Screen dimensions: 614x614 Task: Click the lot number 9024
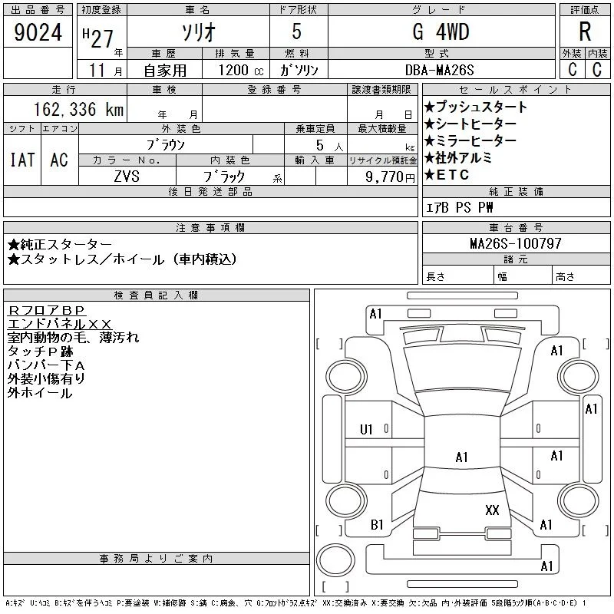(38, 32)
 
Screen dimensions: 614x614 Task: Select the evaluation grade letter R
(585, 31)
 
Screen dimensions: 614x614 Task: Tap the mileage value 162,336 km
(78, 109)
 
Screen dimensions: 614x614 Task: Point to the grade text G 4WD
(441, 31)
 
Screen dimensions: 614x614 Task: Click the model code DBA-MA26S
(439, 70)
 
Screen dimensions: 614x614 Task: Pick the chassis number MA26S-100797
(516, 243)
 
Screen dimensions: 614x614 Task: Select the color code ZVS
(127, 177)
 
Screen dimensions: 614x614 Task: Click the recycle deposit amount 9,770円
(390, 177)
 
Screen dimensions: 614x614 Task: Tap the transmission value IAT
(22, 160)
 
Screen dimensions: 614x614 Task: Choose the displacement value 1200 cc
(241, 70)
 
